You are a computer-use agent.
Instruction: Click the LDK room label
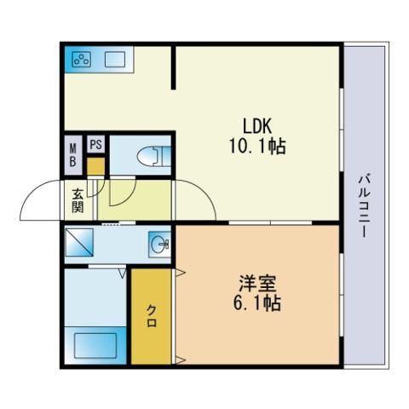[257, 126]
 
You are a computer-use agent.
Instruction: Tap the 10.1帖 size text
[257, 147]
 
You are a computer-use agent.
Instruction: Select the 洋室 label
[257, 283]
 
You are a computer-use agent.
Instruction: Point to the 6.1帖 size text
[257, 303]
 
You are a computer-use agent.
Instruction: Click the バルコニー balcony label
[365, 206]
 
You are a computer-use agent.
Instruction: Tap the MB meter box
[73, 155]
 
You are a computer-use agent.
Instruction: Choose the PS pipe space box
[95, 144]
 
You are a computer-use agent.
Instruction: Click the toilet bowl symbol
[153, 156]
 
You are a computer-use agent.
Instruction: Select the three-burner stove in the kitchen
[82, 60]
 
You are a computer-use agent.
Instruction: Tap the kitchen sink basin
[115, 60]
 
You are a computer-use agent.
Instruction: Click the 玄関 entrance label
[78, 200]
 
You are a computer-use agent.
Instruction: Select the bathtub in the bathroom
[95, 345]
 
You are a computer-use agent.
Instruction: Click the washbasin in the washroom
[159, 244]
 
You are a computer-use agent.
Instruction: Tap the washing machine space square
[79, 242]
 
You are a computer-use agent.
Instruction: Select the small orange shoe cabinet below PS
[95, 166]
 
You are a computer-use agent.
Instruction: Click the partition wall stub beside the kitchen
[173, 68]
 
